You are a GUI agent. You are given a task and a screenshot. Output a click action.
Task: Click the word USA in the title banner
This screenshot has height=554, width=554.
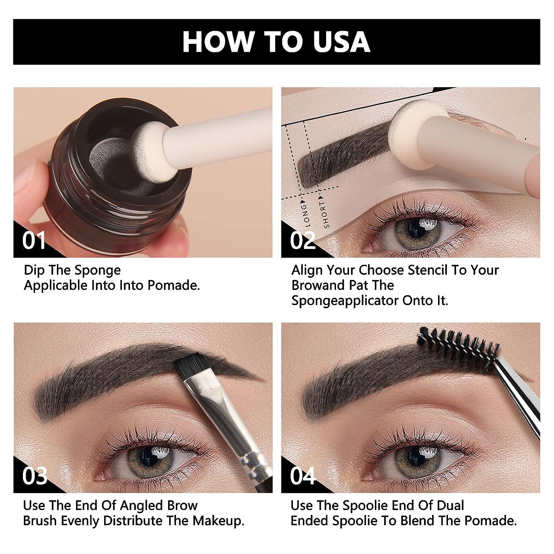click(342, 41)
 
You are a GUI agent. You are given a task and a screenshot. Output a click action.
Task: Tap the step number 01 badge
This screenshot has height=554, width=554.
click(34, 240)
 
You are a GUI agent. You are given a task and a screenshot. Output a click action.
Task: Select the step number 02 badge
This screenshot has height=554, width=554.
click(302, 240)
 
